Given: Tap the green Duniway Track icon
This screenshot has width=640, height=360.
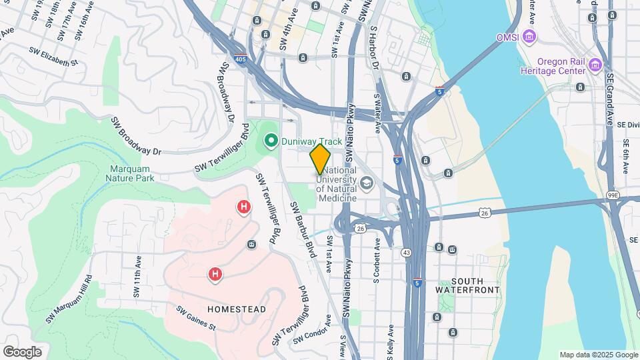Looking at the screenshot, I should pos(271,141).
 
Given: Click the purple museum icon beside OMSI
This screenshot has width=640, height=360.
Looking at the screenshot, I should pos(530,36).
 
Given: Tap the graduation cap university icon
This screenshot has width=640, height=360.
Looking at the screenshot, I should pos(366,182).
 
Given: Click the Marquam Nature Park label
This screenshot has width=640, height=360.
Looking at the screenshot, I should pos(130,173).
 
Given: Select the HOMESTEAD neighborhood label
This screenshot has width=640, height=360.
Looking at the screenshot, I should pos(237,309).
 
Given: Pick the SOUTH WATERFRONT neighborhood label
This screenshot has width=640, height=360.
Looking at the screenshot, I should pos(467,285).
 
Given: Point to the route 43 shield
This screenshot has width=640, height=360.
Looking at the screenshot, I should pos(406,253).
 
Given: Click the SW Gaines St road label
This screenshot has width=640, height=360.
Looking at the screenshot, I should pos(197,318).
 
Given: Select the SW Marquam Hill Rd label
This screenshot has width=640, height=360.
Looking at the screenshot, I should pos(70,300).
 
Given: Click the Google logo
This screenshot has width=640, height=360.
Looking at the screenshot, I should pos(22,352).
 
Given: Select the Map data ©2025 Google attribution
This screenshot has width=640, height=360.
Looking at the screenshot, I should pos(598,355).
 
